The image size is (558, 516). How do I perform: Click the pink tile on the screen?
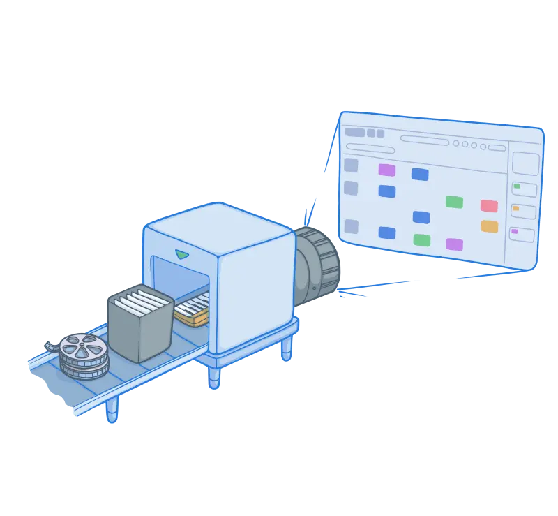489,205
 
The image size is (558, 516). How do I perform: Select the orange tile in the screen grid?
489,226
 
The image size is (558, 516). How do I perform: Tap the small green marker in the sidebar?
517,186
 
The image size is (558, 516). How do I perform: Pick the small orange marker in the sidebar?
515,208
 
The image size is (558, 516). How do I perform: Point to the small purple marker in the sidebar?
515,231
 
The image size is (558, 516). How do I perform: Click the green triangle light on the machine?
182,253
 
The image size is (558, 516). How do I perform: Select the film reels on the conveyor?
82,355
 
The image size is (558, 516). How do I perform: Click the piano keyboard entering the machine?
193,309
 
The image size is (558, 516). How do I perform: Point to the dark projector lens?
318,265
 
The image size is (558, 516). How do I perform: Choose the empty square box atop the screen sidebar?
525,163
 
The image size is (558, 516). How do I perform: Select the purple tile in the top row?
386,170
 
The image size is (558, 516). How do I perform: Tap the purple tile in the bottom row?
454,244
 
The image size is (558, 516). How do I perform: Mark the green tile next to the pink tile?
454,202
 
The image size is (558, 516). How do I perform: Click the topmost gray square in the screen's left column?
351,165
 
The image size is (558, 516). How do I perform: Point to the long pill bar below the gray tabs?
370,147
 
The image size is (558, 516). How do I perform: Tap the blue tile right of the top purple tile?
419,174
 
